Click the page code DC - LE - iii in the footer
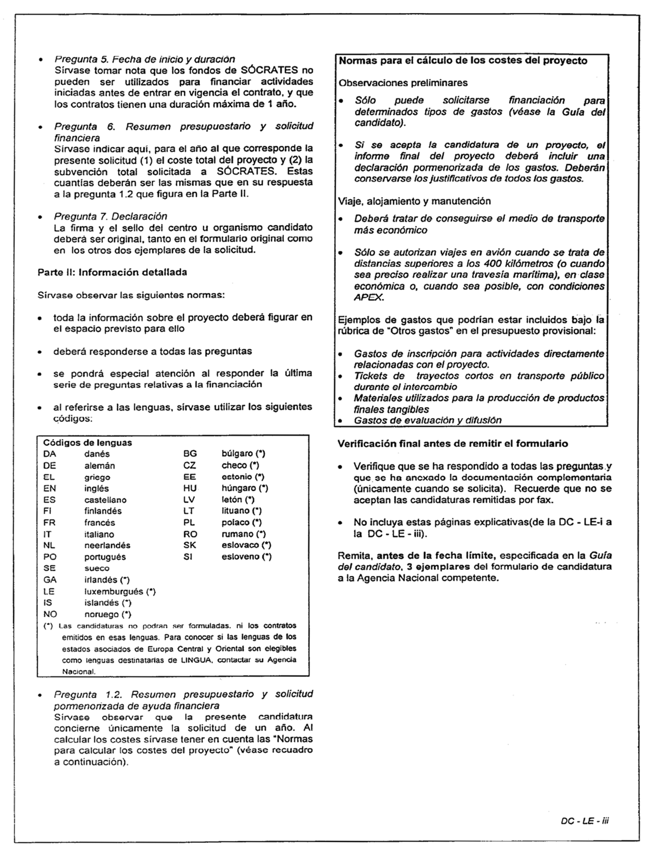coord(584,821)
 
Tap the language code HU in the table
coord(190,488)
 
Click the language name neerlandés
coord(107,545)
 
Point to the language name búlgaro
coord(237,453)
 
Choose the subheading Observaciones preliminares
coord(403,83)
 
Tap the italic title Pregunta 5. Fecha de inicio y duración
coord(144,59)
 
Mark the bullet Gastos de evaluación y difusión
coord(427,420)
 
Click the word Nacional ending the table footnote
coord(78,672)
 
